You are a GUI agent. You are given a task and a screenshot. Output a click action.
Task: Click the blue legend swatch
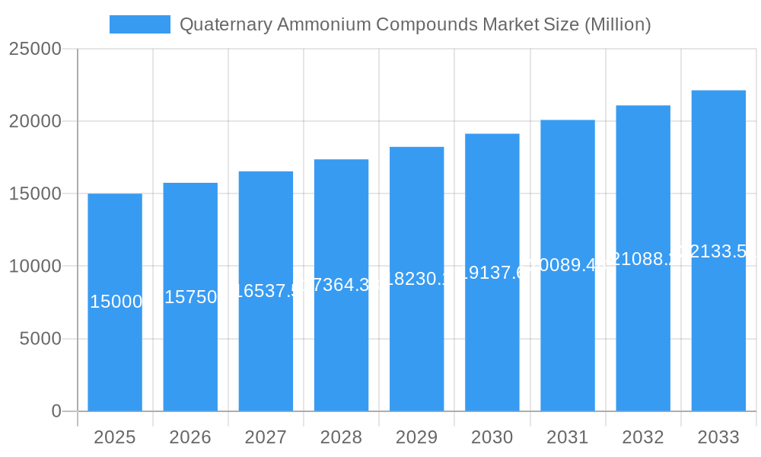pyautogui.click(x=140, y=24)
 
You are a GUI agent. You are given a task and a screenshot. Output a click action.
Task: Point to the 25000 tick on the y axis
pyautogui.click(x=35, y=49)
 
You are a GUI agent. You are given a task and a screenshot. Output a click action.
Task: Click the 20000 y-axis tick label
pyautogui.click(x=35, y=121)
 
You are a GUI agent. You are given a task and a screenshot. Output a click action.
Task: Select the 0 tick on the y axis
pyautogui.click(x=56, y=411)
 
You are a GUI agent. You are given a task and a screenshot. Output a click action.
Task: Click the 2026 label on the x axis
pyautogui.click(x=190, y=438)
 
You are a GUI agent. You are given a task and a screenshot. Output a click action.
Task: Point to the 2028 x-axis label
pyautogui.click(x=341, y=438)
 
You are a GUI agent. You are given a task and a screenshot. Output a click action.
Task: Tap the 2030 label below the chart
pyautogui.click(x=492, y=438)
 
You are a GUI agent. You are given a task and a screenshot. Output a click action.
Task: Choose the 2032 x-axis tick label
pyautogui.click(x=643, y=438)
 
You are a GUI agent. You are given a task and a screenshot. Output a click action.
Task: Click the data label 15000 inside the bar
pyautogui.click(x=116, y=302)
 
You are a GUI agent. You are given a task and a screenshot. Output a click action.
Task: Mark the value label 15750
pyautogui.click(x=191, y=297)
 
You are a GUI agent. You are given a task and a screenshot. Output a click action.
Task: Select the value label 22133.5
pyautogui.click(x=718, y=251)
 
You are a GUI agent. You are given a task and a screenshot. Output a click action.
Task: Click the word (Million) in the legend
pyautogui.click(x=617, y=24)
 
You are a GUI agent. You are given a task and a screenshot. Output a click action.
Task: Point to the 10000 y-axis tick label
pyautogui.click(x=35, y=267)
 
